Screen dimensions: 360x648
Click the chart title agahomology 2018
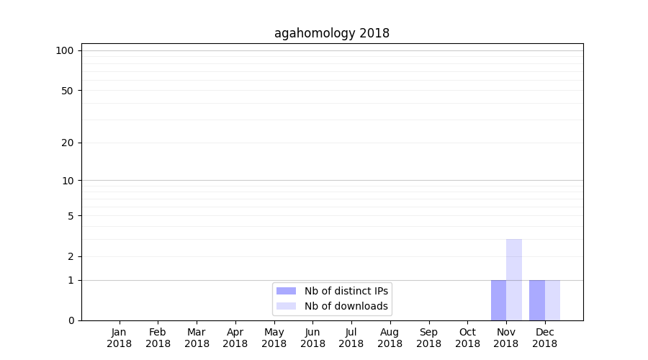332,33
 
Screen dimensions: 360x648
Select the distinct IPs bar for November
498,300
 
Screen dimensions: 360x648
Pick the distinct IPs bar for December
537,300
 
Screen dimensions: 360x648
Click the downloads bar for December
552,300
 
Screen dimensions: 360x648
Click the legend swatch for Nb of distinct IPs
286,291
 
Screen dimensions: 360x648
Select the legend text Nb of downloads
346,306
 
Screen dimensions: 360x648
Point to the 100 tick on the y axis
65,50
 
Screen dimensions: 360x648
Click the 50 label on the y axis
67,91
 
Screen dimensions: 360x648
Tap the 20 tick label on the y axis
67,143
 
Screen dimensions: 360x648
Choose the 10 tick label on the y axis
67,181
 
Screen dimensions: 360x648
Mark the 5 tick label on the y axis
71,216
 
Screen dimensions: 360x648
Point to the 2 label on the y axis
71,256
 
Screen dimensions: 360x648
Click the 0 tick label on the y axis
71,320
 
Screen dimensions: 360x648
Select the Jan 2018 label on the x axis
120,338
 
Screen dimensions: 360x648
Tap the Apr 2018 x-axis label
235,338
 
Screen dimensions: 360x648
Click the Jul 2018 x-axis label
351,338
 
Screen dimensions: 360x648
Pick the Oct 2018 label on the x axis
467,338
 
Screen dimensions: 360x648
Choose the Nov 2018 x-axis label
506,338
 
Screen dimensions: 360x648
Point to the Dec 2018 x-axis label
545,338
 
